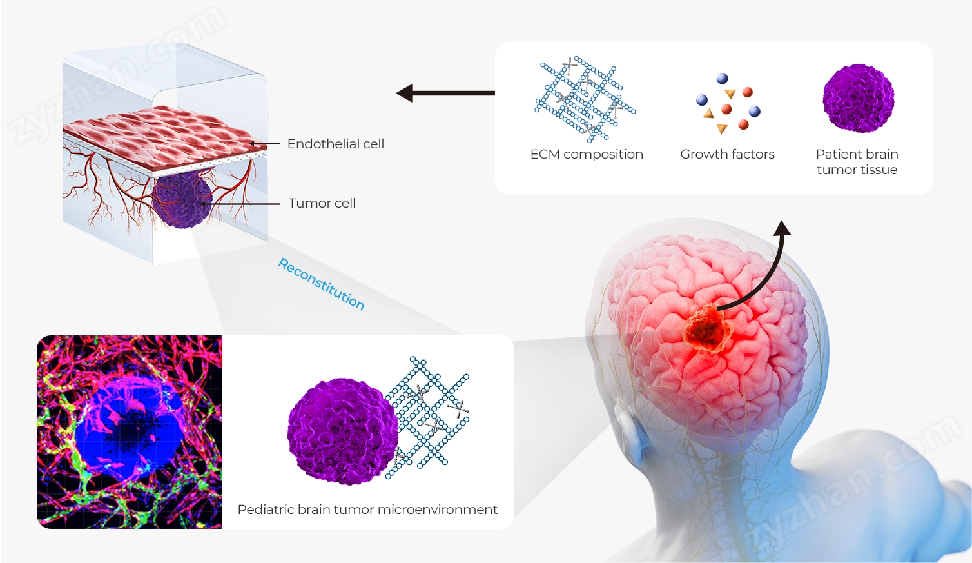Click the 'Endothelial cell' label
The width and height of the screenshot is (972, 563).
click(x=335, y=144)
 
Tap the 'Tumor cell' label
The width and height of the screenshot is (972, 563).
click(x=322, y=203)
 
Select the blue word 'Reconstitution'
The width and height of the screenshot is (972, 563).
click(x=321, y=284)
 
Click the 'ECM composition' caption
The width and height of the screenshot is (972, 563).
click(x=587, y=154)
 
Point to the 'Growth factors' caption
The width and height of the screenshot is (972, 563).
click(x=727, y=154)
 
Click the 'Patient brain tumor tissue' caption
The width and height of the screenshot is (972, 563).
click(x=857, y=162)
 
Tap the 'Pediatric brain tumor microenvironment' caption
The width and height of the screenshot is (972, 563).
click(x=367, y=509)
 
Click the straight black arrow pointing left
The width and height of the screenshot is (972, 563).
click(x=445, y=94)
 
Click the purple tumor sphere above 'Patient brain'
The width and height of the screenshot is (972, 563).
click(x=858, y=99)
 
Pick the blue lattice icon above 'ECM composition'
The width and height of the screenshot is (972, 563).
click(x=583, y=99)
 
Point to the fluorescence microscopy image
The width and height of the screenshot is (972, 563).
click(x=130, y=432)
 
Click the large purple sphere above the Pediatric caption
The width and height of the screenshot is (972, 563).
click(x=342, y=432)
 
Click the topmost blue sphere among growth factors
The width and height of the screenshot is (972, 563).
click(x=722, y=79)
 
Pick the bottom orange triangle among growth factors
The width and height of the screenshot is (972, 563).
click(x=722, y=129)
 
